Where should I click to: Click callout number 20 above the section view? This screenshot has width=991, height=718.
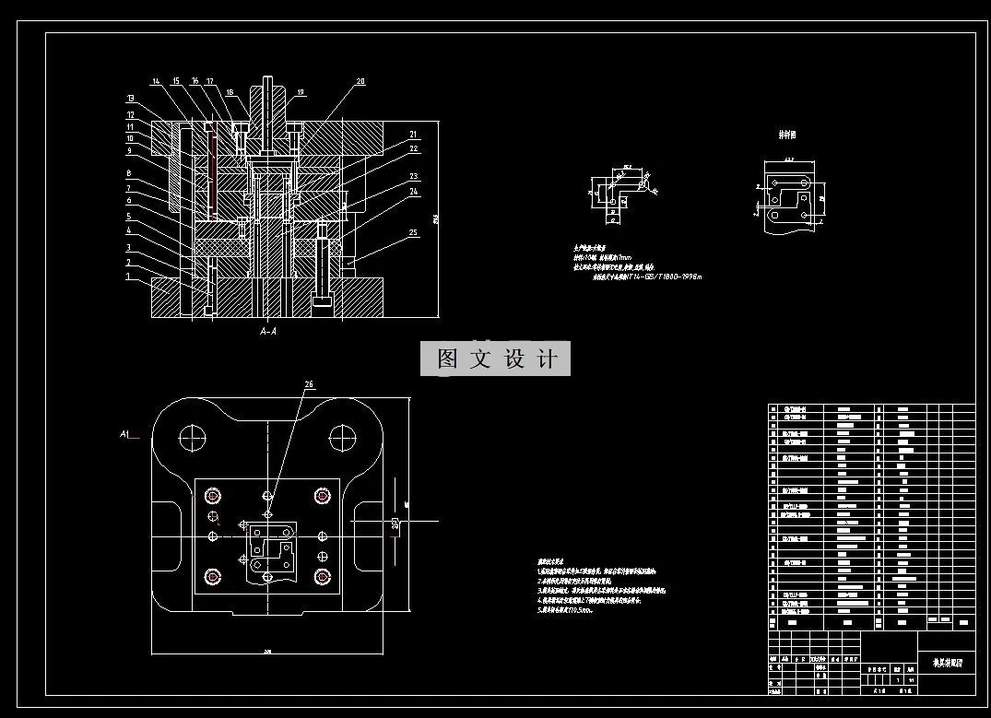[x=360, y=82]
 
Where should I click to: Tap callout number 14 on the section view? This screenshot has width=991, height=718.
[x=157, y=82]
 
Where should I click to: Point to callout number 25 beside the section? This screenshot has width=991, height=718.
[x=415, y=233]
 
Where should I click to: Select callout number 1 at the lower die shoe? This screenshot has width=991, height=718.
[x=129, y=277]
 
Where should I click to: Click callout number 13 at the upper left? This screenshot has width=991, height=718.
[x=131, y=98]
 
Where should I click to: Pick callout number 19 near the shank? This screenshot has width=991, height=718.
[x=301, y=93]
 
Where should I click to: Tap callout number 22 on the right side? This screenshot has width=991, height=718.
[x=415, y=149]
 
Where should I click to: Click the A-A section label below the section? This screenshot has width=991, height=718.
[x=268, y=331]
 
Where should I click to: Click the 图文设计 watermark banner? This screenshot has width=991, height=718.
[x=496, y=359]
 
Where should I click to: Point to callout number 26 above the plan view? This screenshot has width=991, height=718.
[x=308, y=384]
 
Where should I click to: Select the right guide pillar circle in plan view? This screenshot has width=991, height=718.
[x=343, y=435]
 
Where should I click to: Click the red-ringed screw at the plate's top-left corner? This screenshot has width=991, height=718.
[x=214, y=496]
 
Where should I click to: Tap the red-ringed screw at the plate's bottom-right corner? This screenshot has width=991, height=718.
[x=322, y=577]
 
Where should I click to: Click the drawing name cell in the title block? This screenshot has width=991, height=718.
[x=945, y=662]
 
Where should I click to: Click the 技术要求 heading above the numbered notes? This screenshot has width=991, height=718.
[x=551, y=560]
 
